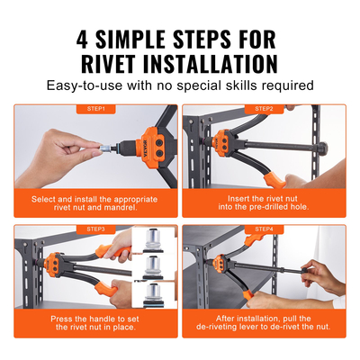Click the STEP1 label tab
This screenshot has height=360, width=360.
tap(96, 109)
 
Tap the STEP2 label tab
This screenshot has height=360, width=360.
tap(264, 109)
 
